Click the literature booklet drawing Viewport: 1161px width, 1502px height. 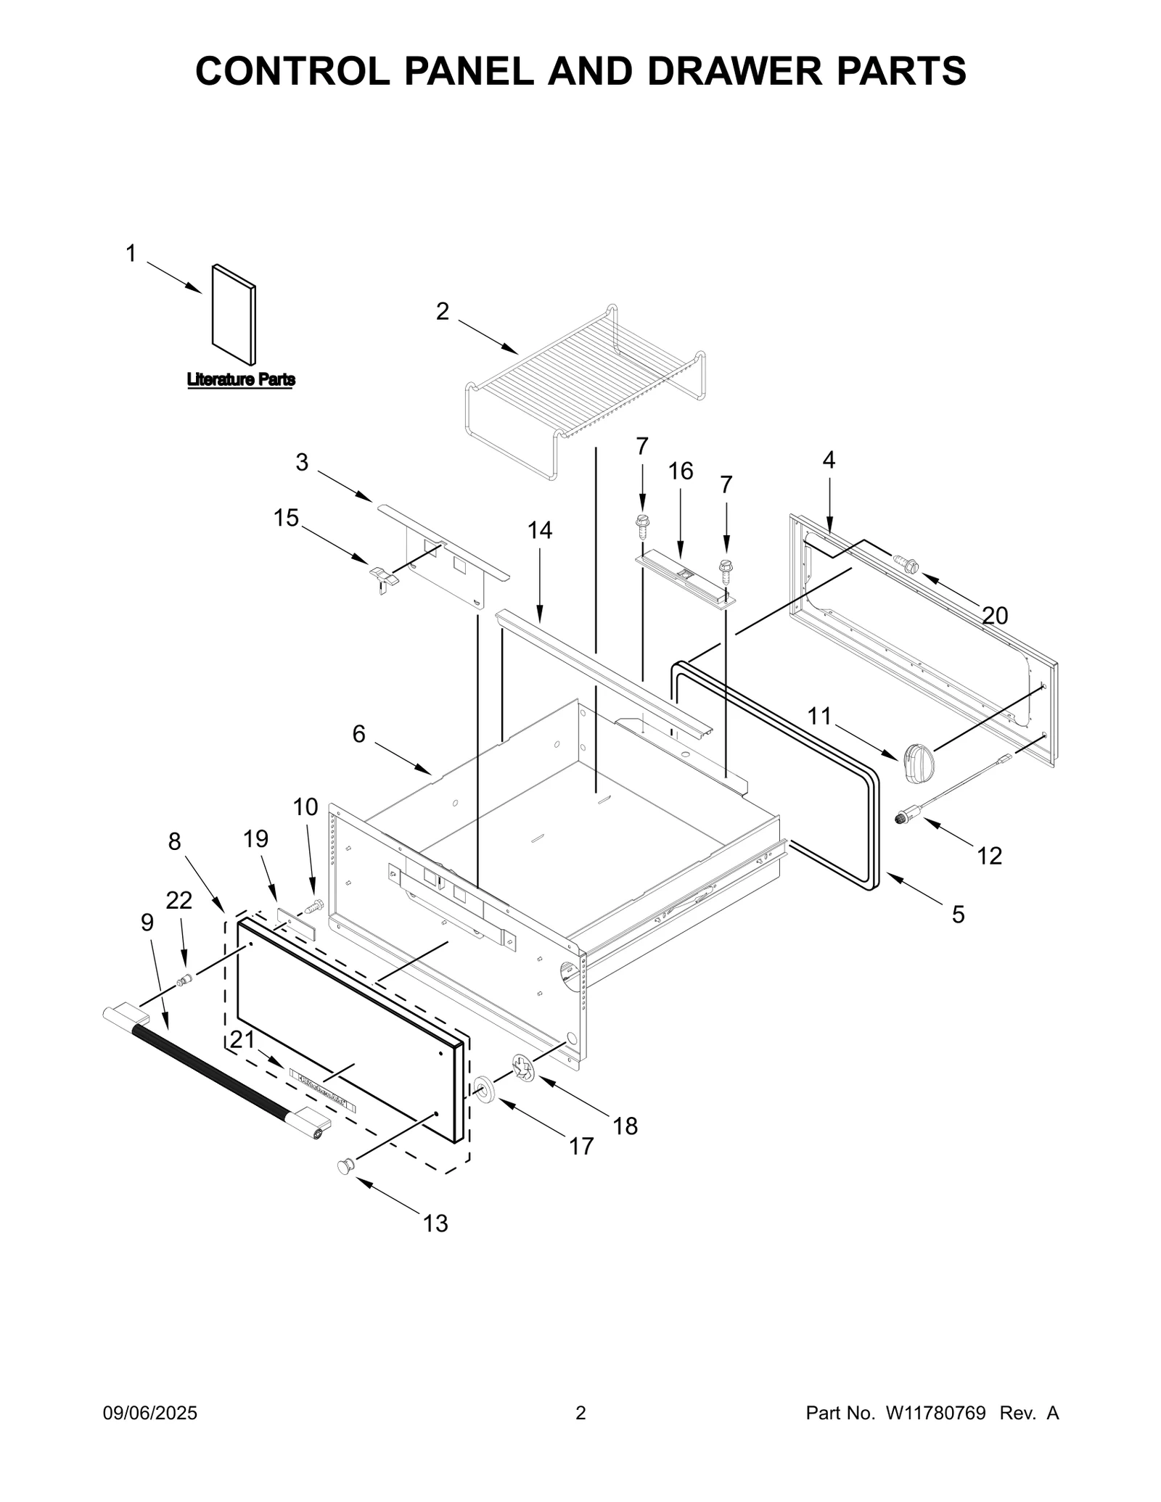click(234, 315)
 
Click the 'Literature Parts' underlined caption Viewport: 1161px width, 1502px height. click(241, 379)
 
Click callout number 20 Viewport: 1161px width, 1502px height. click(995, 616)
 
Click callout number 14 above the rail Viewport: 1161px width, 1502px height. click(539, 531)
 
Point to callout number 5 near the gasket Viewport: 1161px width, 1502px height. click(958, 915)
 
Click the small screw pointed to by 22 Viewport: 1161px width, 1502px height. click(184, 981)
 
